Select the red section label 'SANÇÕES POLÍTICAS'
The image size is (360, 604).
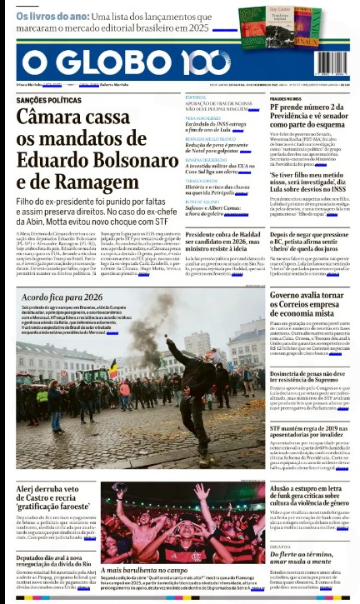(47, 98)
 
